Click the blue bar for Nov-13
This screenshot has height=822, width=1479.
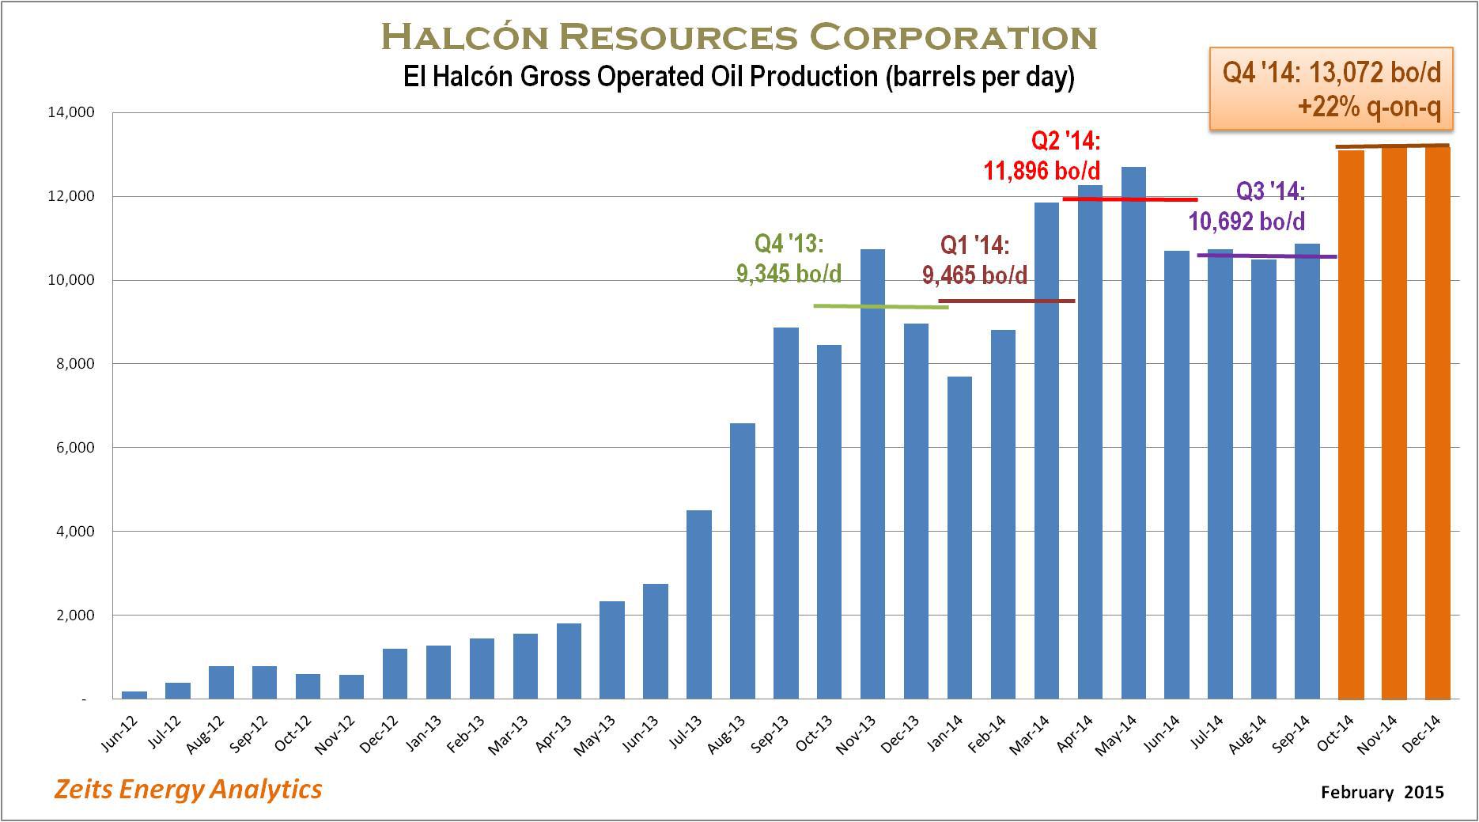pos(872,474)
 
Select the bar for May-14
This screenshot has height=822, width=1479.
pos(1133,433)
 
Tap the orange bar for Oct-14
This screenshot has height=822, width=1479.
pos(1351,425)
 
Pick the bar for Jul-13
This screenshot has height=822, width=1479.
pos(699,604)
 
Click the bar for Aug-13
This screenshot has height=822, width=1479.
pos(743,561)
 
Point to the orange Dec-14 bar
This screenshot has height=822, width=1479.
pos(1438,423)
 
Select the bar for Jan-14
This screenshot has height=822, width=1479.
pos(959,538)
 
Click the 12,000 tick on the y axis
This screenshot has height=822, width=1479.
pos(71,196)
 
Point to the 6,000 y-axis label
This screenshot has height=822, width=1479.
pos(74,448)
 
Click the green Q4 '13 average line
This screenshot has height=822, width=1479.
pos(881,306)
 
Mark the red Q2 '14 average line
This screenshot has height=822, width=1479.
pos(1130,199)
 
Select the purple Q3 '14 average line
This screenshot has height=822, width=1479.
pos(1267,256)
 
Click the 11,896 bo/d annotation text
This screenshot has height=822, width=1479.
pos(1042,170)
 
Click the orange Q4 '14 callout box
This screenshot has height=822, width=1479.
pos(1331,89)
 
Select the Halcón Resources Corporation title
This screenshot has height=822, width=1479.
pos(739,36)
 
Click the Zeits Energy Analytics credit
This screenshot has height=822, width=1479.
pos(187,789)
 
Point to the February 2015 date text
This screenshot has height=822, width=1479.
pos(1383,792)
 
